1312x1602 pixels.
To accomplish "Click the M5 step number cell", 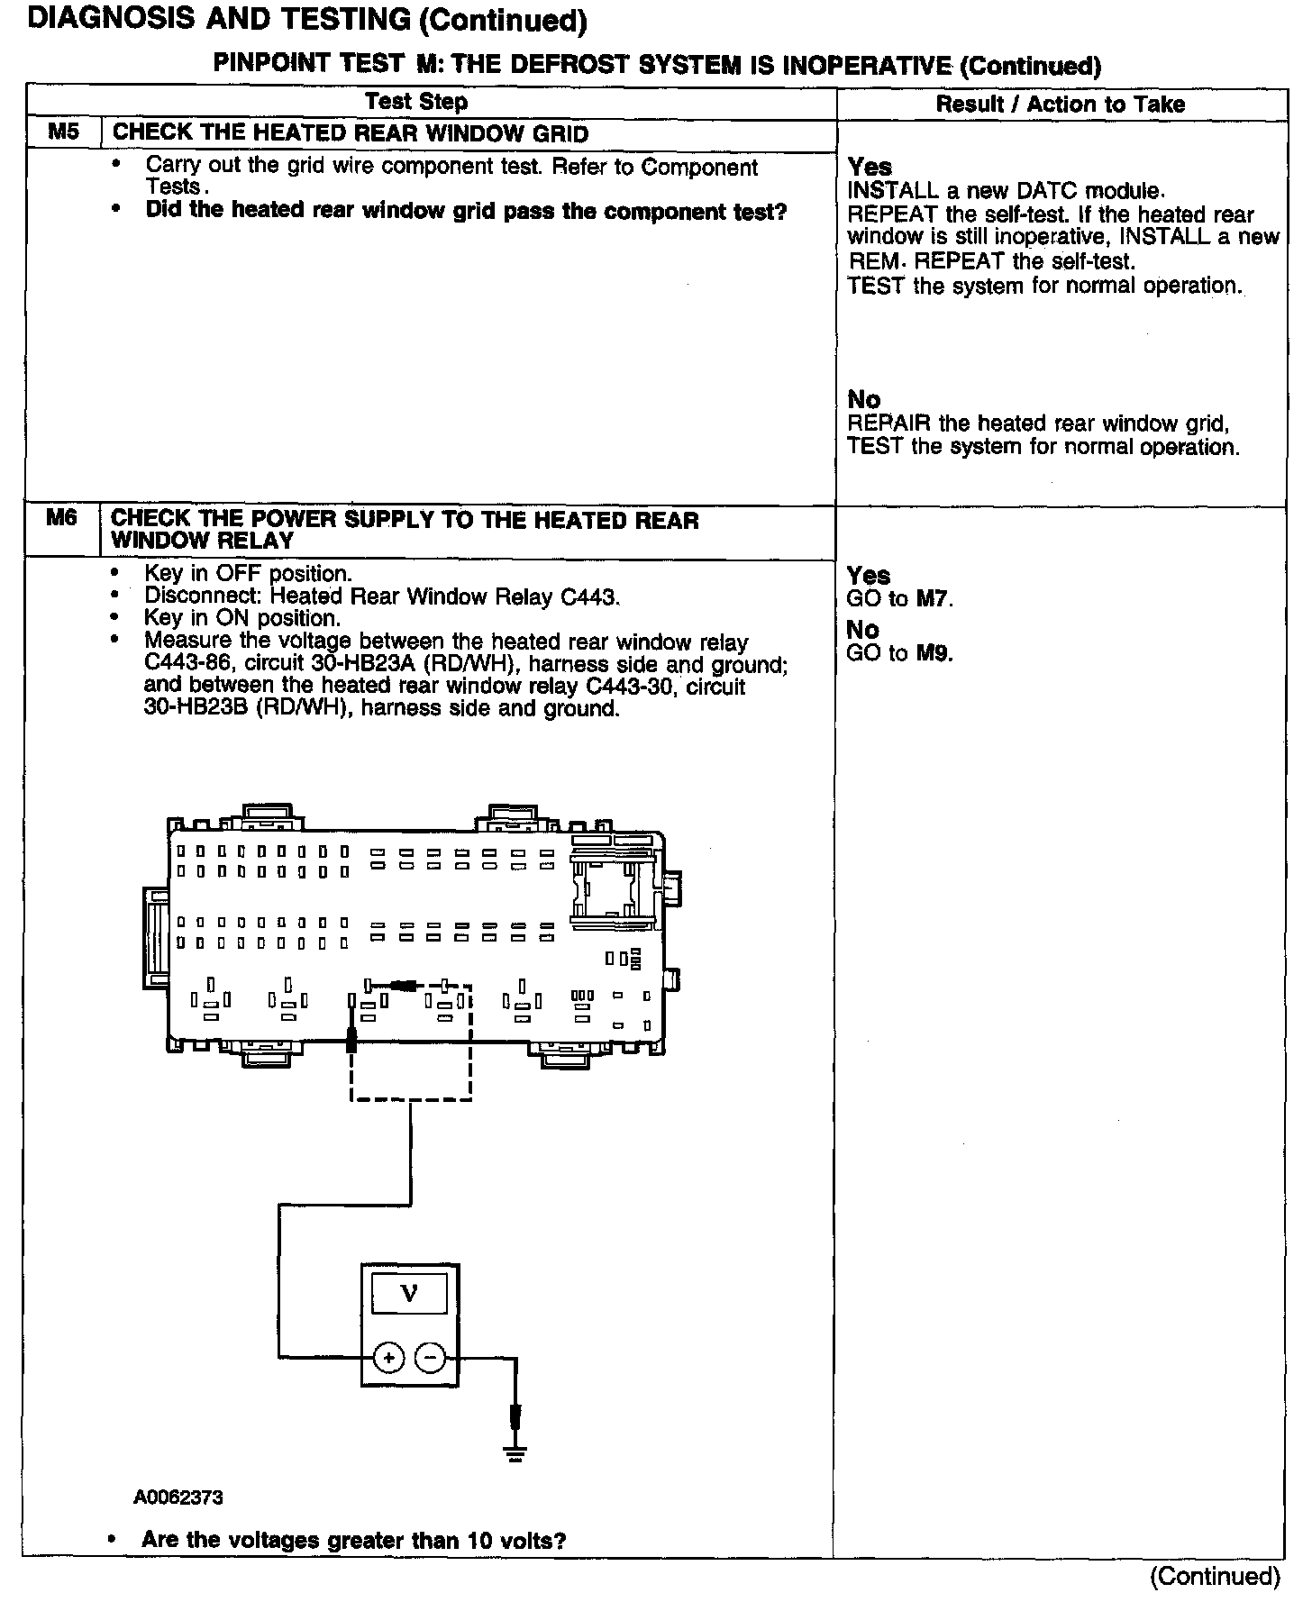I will [x=63, y=132].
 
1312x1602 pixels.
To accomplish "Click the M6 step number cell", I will [x=61, y=519].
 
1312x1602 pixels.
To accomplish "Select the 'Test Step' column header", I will [x=416, y=102].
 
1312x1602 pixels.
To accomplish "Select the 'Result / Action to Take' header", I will [x=1060, y=105].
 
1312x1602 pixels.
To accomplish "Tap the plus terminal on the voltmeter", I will [x=388, y=1356].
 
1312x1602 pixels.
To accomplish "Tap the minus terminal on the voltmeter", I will [x=431, y=1356].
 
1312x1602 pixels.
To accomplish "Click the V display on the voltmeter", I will [x=409, y=1295].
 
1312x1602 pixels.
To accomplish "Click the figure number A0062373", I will [x=178, y=1497].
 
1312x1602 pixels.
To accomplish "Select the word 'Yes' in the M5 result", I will [x=870, y=167].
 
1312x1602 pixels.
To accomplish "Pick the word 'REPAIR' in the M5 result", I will [x=889, y=423].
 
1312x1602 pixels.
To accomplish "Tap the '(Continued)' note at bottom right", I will [x=1215, y=1576].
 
